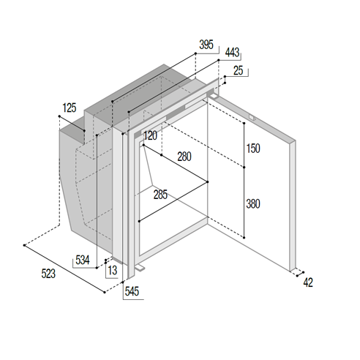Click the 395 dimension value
[206, 45]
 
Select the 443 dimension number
[232, 53]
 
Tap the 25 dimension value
[239, 70]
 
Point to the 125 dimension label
[70, 108]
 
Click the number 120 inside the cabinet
[150, 135]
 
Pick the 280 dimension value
[184, 157]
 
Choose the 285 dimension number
[160, 195]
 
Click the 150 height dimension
[253, 149]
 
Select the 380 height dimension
[253, 204]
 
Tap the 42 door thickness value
[308, 282]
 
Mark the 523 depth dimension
[48, 274]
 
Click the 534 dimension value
[83, 260]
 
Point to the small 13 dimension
[113, 271]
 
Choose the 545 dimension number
[132, 291]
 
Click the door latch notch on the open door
[252, 117]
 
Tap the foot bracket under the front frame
[139, 268]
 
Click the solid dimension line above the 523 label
[64, 269]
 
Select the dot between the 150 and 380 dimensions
[244, 168]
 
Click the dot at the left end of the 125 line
[59, 116]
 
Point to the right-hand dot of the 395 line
[195, 53]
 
